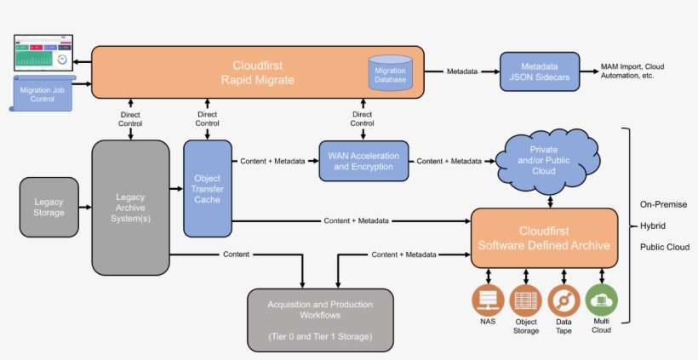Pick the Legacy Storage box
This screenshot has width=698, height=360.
[x=49, y=207]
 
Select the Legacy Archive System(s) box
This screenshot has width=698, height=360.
[x=130, y=207]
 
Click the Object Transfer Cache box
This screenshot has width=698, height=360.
[x=207, y=188]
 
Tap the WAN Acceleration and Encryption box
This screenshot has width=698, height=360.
[x=363, y=161]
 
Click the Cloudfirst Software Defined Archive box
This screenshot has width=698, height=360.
[x=544, y=238]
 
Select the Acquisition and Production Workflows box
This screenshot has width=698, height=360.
[x=320, y=319]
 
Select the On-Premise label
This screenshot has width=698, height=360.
[x=663, y=204]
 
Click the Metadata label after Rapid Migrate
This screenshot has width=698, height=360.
[x=462, y=71]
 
